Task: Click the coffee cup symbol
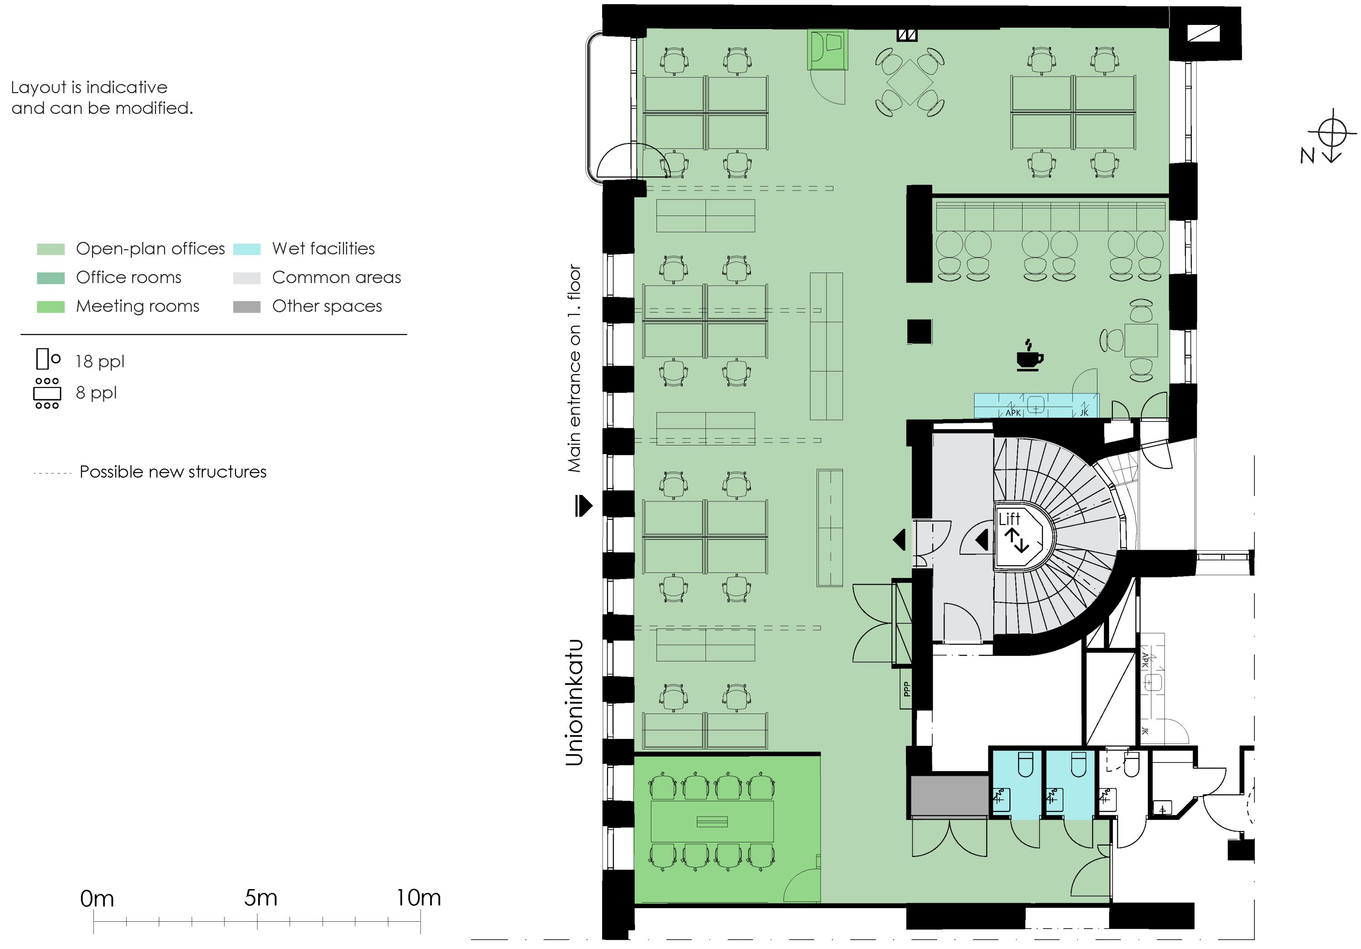1030,356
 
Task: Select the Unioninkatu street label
574,702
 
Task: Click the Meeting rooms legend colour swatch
50,307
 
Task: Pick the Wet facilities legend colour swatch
247,249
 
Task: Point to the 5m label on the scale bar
261,897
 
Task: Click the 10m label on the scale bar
418,897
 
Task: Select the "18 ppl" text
100,362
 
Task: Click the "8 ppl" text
96,393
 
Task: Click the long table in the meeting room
712,821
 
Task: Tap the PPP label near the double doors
906,689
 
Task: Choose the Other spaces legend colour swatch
247,307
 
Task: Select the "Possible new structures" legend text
173,472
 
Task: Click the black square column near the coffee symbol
920,331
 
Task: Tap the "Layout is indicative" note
89,87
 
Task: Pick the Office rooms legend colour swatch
50,278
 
